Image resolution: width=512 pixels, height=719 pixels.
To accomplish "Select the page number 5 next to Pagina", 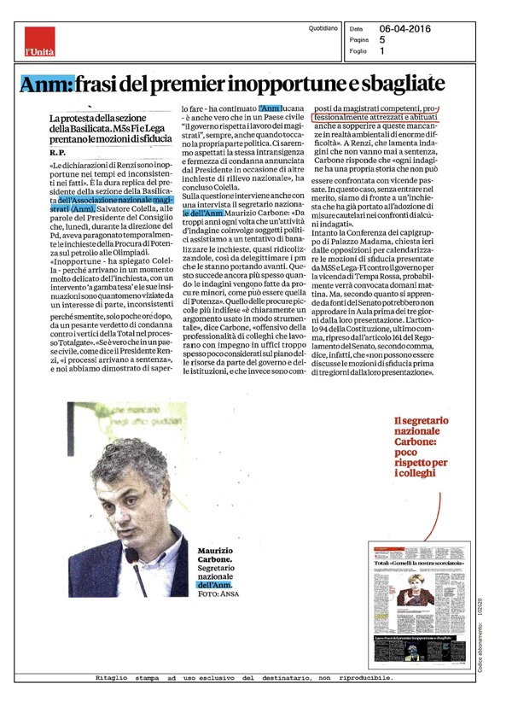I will pos(382,39).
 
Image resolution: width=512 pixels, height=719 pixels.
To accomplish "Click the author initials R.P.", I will pos(58,151).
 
